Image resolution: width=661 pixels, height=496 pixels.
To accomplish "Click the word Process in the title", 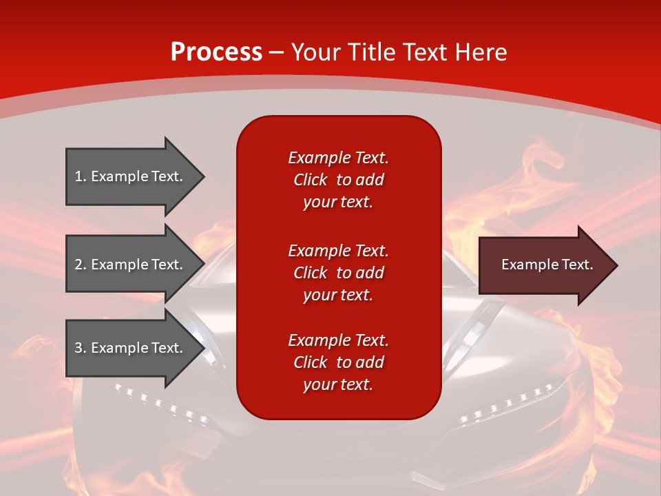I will pyautogui.click(x=216, y=52).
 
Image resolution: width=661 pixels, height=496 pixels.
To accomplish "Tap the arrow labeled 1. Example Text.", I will pyautogui.click(x=131, y=176).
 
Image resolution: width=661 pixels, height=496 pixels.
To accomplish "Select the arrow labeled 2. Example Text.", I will pyautogui.click(x=131, y=265).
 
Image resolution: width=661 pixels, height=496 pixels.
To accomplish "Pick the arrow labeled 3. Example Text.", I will pyautogui.click(x=131, y=348).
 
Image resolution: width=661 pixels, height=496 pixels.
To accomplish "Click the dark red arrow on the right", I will pyautogui.click(x=544, y=265).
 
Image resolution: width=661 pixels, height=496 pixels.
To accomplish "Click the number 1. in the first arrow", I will pyautogui.click(x=81, y=176).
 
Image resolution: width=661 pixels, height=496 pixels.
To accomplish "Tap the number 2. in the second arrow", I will pyautogui.click(x=81, y=265).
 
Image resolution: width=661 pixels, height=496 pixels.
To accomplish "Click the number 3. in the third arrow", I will pyautogui.click(x=81, y=348).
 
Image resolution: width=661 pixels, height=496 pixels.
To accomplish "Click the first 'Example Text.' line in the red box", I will pyautogui.click(x=338, y=158).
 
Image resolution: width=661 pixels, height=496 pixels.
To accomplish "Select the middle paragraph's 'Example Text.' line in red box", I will pyautogui.click(x=338, y=250).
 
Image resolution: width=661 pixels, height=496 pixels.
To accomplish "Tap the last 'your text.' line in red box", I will pyautogui.click(x=338, y=385).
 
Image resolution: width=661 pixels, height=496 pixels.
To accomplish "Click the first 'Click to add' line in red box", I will pyautogui.click(x=338, y=180).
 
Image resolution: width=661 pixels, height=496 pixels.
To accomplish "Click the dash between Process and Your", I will pyautogui.click(x=276, y=52).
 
